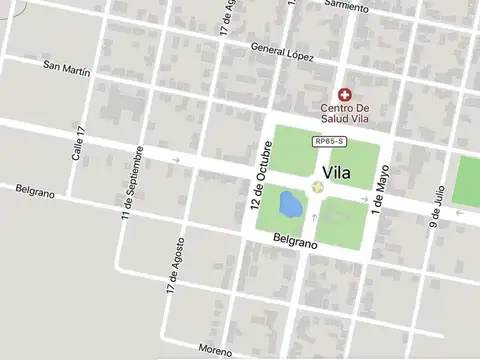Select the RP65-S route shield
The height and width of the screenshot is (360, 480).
tap(330, 142)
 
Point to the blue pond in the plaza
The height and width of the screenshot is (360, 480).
tap(290, 205)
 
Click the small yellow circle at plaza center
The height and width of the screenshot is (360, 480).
tap(318, 186)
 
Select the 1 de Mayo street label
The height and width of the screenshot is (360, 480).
tap(379, 191)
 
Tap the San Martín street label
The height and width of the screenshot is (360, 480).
tap(67, 69)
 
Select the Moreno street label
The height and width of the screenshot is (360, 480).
tap(215, 350)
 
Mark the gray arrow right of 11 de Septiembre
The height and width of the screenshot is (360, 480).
tap(176, 159)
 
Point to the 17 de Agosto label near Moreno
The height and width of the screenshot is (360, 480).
tap(175, 270)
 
